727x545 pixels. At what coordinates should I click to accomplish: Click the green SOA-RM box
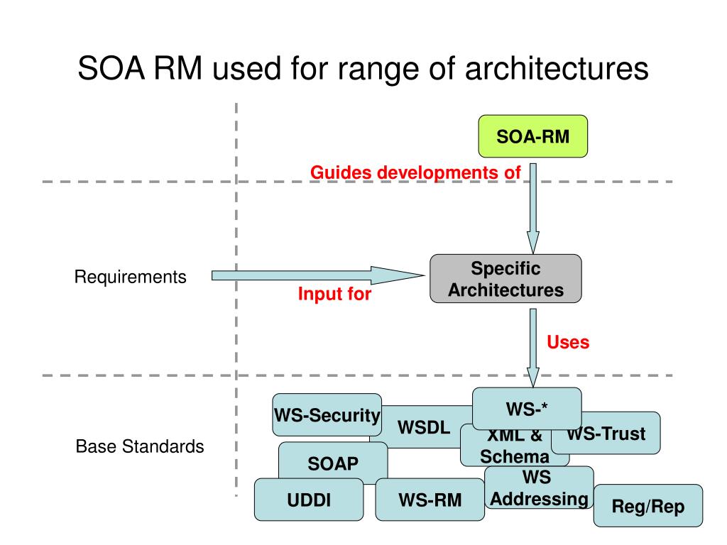click(x=532, y=136)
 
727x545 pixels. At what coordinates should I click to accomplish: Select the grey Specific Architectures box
click(x=505, y=279)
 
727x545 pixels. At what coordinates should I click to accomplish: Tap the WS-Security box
click(x=327, y=415)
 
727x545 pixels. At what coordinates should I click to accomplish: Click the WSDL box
click(x=424, y=428)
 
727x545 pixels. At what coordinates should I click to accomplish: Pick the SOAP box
click(x=333, y=464)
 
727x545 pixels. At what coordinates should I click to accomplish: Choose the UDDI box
click(x=309, y=500)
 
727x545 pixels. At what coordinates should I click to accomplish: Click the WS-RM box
click(x=430, y=500)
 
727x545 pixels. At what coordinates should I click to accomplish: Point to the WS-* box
click(x=527, y=409)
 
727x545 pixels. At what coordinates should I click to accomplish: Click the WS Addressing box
click(x=539, y=488)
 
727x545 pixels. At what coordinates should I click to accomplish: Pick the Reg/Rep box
click(x=647, y=506)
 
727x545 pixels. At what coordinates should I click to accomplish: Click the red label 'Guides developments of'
click(x=415, y=172)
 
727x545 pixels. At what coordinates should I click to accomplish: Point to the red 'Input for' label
click(x=334, y=294)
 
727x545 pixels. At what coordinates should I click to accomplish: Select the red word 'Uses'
click(x=568, y=343)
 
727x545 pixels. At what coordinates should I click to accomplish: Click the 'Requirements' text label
click(x=131, y=277)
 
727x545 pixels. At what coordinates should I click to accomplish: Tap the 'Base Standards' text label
click(x=140, y=447)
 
